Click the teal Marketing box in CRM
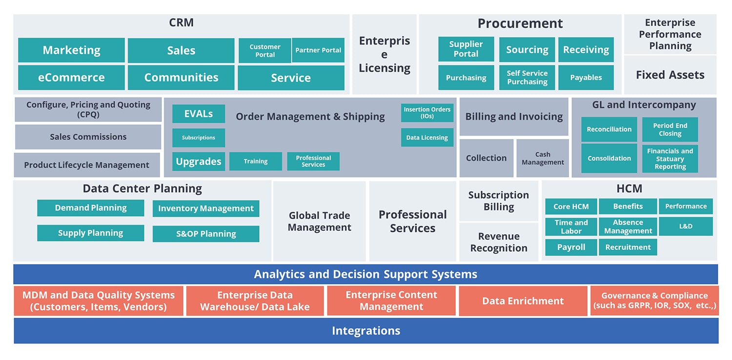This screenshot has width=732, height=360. click(71, 50)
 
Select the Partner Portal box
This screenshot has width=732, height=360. click(318, 50)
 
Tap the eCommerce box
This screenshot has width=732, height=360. click(71, 78)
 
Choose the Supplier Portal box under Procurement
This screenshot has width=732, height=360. click(466, 49)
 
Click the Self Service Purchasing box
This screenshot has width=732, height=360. click(527, 78)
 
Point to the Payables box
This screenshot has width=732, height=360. click(586, 78)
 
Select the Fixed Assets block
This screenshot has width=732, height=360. click(670, 75)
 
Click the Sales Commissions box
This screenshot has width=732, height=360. click(88, 137)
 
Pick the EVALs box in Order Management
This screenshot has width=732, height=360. click(199, 114)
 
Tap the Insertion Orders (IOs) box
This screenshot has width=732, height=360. click(427, 113)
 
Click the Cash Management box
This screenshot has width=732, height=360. click(543, 158)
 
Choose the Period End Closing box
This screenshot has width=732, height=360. click(670, 129)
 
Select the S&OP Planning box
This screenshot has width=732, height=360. click(206, 234)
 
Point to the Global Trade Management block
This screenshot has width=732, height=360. click(319, 221)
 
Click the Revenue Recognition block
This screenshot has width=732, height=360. click(499, 242)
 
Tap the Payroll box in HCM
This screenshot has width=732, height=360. click(571, 247)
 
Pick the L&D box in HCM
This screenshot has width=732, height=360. click(686, 226)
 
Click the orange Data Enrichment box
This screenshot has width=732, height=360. click(523, 301)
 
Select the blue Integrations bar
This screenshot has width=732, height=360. click(366, 331)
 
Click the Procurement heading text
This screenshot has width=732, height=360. click(520, 23)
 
